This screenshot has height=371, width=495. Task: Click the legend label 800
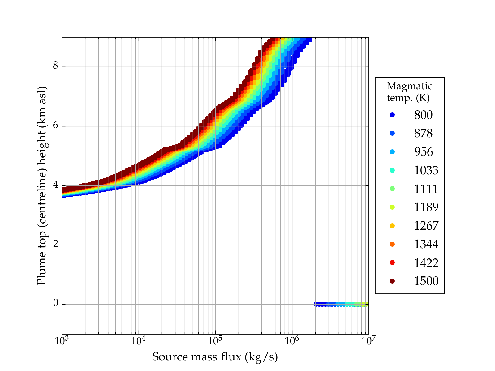[423, 115]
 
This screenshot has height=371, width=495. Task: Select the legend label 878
[423, 133]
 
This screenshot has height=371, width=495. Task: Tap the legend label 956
[423, 152]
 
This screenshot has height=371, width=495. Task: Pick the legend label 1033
[426, 170]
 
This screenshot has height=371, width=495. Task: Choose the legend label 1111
[426, 189]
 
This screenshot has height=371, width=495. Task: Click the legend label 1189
[426, 207]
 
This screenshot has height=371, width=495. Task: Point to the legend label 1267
[426, 226]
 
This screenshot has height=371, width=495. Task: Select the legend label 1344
[426, 244]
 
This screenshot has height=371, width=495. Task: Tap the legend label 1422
[426, 263]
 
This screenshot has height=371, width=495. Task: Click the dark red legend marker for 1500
[392, 281]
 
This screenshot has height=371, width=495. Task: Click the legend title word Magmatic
[409, 86]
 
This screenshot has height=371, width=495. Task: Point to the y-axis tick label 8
[56, 66]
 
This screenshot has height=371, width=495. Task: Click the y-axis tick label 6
[56, 126]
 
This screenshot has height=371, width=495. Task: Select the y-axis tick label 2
[56, 244]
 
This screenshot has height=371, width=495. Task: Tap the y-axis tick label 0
[56, 303]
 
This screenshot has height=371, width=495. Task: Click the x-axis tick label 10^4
[138, 341]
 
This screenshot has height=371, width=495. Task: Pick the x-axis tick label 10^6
[292, 341]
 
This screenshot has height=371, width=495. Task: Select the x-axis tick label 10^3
[62, 341]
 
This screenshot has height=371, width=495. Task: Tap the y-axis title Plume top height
[42, 185]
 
